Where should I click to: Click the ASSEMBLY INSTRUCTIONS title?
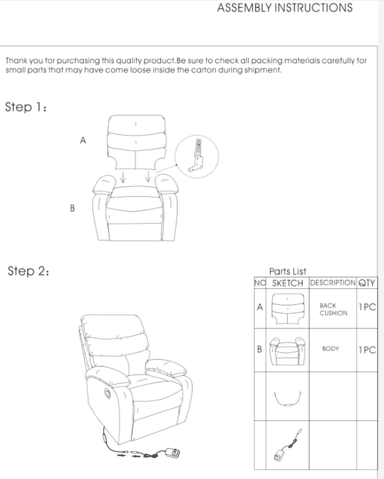pyautogui.click(x=285, y=8)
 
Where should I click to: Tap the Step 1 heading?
pyautogui.click(x=26, y=107)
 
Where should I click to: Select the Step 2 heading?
pyautogui.click(x=28, y=271)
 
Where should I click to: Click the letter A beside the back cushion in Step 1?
pyautogui.click(x=83, y=140)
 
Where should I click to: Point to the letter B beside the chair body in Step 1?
pyautogui.click(x=72, y=208)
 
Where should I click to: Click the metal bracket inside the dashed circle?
pyautogui.click(x=197, y=156)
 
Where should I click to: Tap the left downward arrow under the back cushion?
pyautogui.click(x=123, y=177)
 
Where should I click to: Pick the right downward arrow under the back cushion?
pyautogui.click(x=148, y=176)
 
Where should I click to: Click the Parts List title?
pyautogui.click(x=288, y=271)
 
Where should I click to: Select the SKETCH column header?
pyautogui.click(x=287, y=283)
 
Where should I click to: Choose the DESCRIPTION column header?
pyautogui.click(x=333, y=283)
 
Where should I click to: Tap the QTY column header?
pyautogui.click(x=367, y=283)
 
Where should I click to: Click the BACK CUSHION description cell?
pyautogui.click(x=333, y=309)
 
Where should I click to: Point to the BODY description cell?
pyautogui.click(x=331, y=348)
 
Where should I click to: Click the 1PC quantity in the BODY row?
pyautogui.click(x=367, y=350)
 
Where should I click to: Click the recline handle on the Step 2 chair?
pyautogui.click(x=108, y=393)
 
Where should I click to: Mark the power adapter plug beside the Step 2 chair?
pyautogui.click(x=173, y=453)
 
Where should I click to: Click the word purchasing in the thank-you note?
pyautogui.click(x=78, y=61)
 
